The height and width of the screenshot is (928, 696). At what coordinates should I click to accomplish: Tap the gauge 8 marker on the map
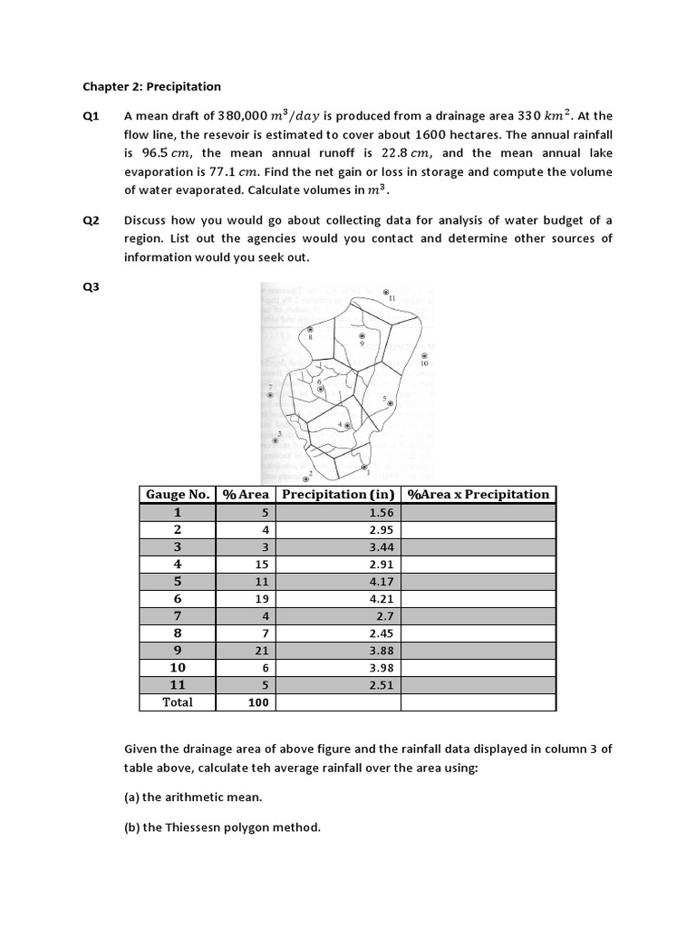click(x=310, y=330)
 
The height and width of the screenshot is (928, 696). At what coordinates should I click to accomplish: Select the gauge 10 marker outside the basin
click(x=423, y=356)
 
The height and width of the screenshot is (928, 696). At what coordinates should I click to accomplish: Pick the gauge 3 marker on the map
click(x=275, y=440)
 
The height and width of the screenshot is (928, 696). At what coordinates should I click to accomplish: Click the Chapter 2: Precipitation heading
click(x=151, y=87)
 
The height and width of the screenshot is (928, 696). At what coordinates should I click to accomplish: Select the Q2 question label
click(x=91, y=220)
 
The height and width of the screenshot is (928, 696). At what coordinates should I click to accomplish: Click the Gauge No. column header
click(x=178, y=494)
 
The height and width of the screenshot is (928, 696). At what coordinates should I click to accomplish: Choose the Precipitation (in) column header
click(x=338, y=494)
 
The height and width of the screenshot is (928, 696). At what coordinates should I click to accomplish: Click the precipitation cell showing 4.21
click(x=381, y=598)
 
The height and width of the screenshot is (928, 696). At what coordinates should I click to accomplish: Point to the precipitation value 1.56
click(x=381, y=512)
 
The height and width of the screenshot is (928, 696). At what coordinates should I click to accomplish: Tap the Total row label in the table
click(x=178, y=702)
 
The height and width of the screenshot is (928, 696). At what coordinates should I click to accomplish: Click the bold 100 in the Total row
click(x=258, y=702)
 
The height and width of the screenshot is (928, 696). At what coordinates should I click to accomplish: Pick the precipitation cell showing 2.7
click(x=384, y=615)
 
